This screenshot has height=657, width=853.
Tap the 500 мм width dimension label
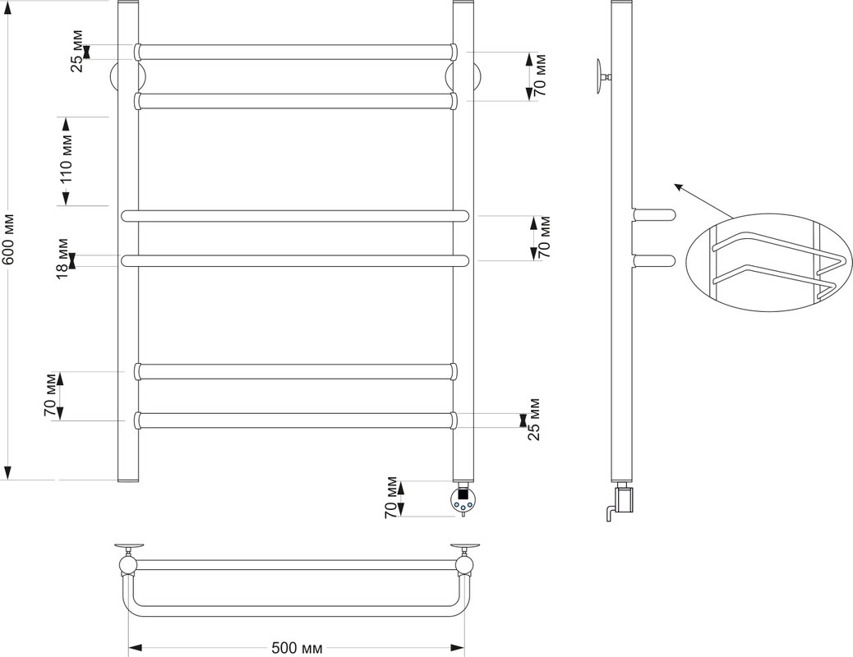pyautogui.click(x=297, y=648)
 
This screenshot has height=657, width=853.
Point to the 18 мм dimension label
pyautogui.click(x=62, y=259)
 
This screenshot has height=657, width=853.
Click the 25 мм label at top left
pyautogui.click(x=77, y=52)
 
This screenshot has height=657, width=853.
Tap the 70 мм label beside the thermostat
pyautogui.click(x=390, y=498)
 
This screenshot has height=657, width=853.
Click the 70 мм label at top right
pyautogui.click(x=539, y=76)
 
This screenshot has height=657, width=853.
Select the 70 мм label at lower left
pyautogui.click(x=51, y=395)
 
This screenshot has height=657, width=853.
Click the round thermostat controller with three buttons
pyautogui.click(x=463, y=499)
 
